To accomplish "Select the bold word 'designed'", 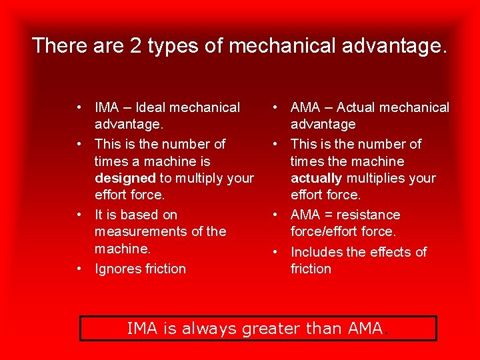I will point(125,178).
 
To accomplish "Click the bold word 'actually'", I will point(316,178).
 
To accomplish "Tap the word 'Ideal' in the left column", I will point(152,107).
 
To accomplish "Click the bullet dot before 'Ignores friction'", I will point(79,269).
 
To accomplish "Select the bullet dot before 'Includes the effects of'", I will point(275,252).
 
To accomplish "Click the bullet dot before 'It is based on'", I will point(79,215).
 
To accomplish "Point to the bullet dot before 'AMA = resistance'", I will point(275,215).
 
